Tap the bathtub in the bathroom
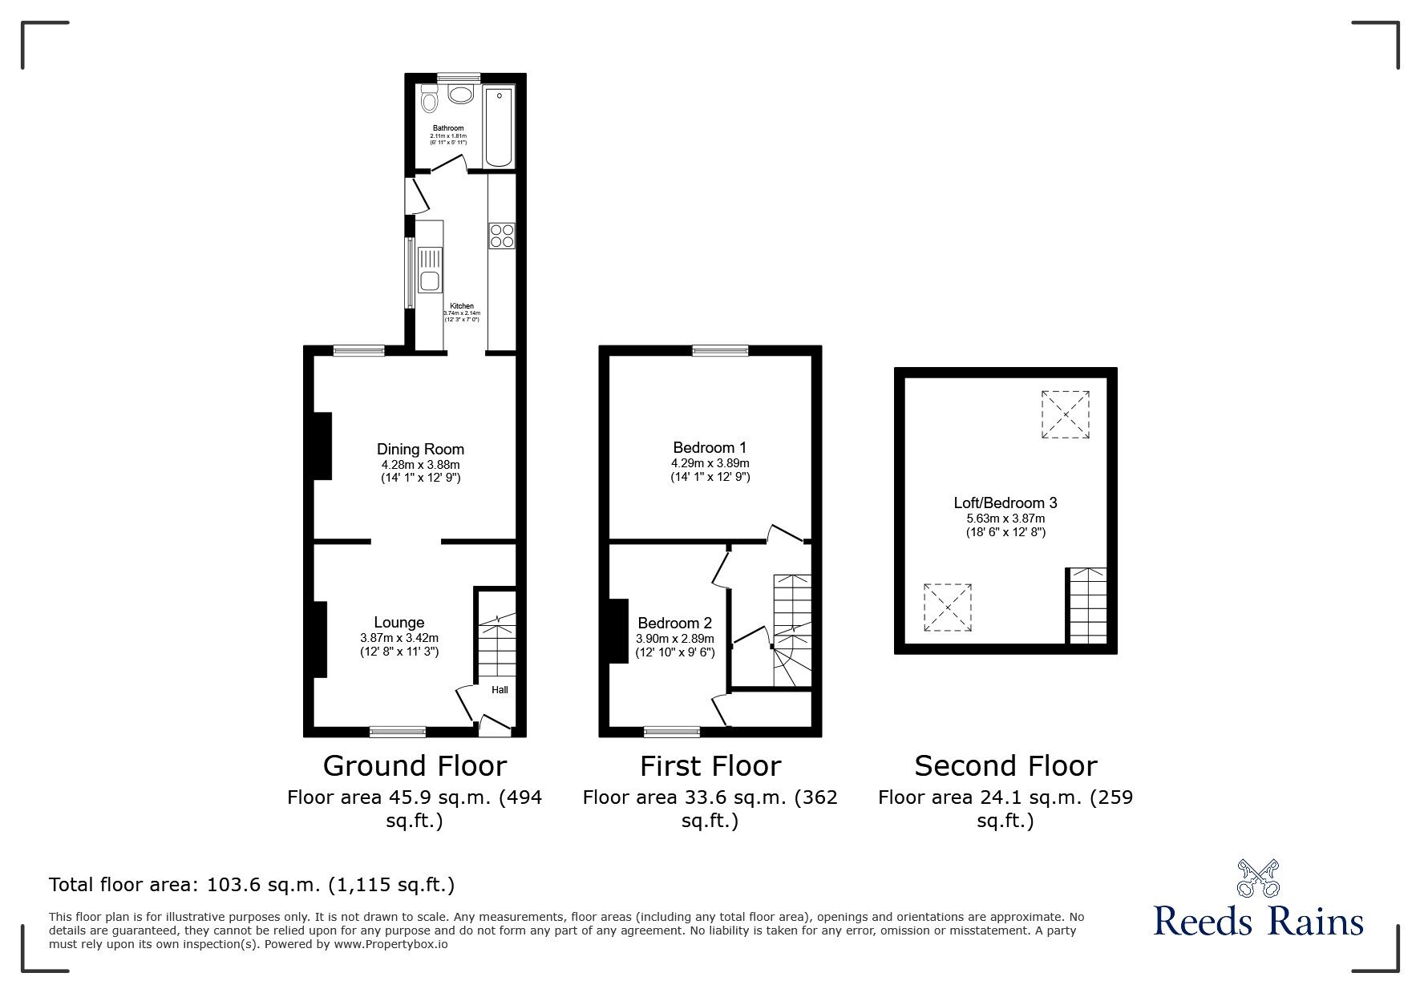tap(499, 127)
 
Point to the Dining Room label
tap(420, 450)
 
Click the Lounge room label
tap(398, 623)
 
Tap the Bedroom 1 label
tap(710, 448)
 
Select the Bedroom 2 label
tap(674, 623)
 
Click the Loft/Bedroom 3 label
tap(1005, 503)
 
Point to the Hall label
tap(500, 690)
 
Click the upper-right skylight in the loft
tap(1065, 414)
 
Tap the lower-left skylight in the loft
tap(948, 608)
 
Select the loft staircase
tap(1087, 605)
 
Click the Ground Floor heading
tap(415, 766)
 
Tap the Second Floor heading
tap(1005, 766)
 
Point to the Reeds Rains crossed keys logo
tap(1258, 878)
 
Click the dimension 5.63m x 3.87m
tap(1005, 519)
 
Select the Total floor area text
tap(252, 885)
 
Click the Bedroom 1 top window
tap(720, 349)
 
